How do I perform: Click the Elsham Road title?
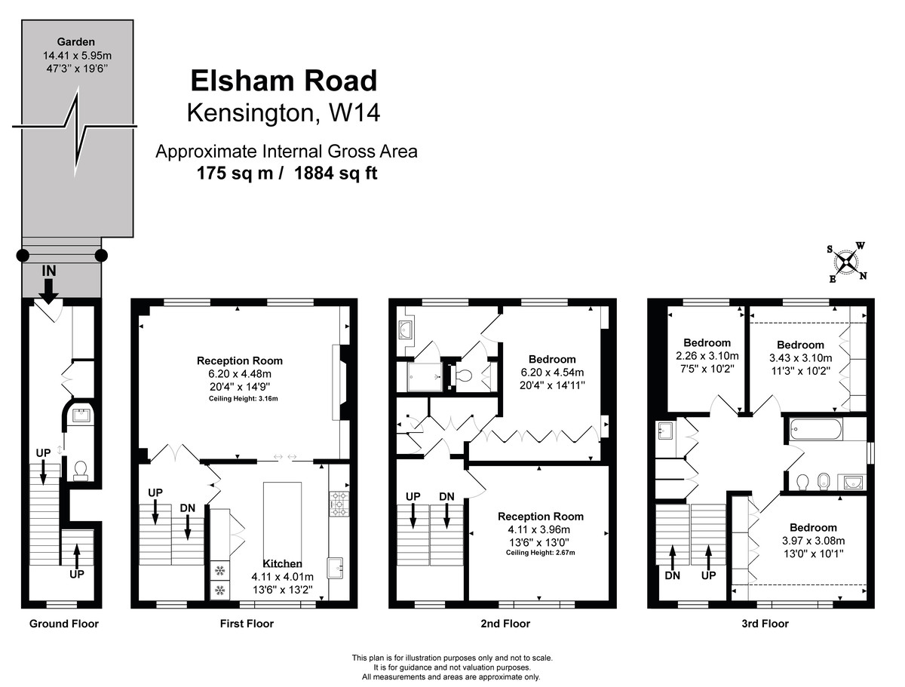click(283, 81)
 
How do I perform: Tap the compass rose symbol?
click(848, 263)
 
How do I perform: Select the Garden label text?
click(78, 41)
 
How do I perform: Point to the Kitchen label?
click(282, 563)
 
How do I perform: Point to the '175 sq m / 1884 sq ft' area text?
click(287, 173)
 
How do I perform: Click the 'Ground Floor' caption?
click(63, 624)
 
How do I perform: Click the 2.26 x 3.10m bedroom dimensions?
click(707, 357)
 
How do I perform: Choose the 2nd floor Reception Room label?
click(540, 517)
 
